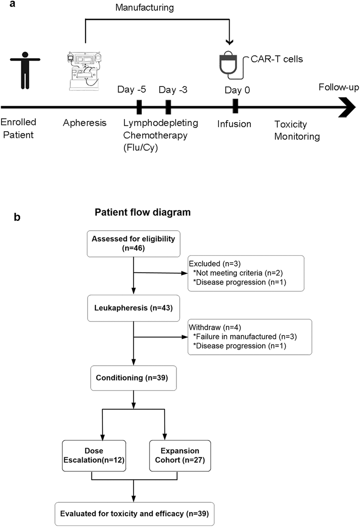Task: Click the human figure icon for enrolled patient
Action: click(x=25, y=70)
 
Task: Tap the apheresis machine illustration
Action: click(x=85, y=72)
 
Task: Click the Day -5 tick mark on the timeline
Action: click(x=139, y=107)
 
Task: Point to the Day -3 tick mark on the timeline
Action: click(x=168, y=107)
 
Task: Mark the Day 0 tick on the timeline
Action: click(x=235, y=106)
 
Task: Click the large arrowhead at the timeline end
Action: click(x=347, y=107)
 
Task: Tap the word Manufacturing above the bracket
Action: click(x=144, y=8)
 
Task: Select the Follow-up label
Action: click(x=338, y=88)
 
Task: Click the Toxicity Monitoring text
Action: click(x=297, y=130)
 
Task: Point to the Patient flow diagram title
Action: click(x=142, y=212)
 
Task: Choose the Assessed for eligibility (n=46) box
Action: click(x=133, y=244)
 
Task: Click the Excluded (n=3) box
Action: click(x=246, y=273)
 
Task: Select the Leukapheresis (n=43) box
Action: click(x=133, y=308)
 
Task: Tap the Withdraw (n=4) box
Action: click(x=250, y=337)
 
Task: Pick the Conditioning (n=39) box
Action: click(x=133, y=378)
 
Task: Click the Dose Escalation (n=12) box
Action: click(x=94, y=455)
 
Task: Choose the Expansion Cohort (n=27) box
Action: click(x=180, y=455)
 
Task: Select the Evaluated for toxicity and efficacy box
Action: click(x=135, y=514)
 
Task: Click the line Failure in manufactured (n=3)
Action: click(x=245, y=337)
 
